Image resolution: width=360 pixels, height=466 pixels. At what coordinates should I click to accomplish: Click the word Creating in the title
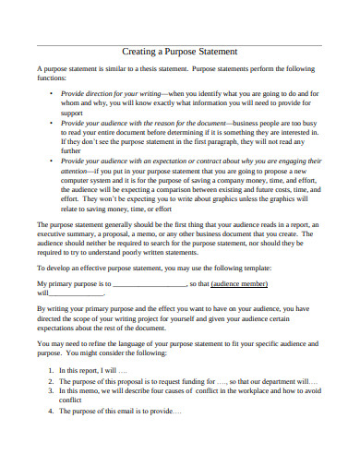pos(140,53)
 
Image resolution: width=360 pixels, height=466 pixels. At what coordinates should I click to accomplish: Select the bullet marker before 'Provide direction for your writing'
pos(51,94)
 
